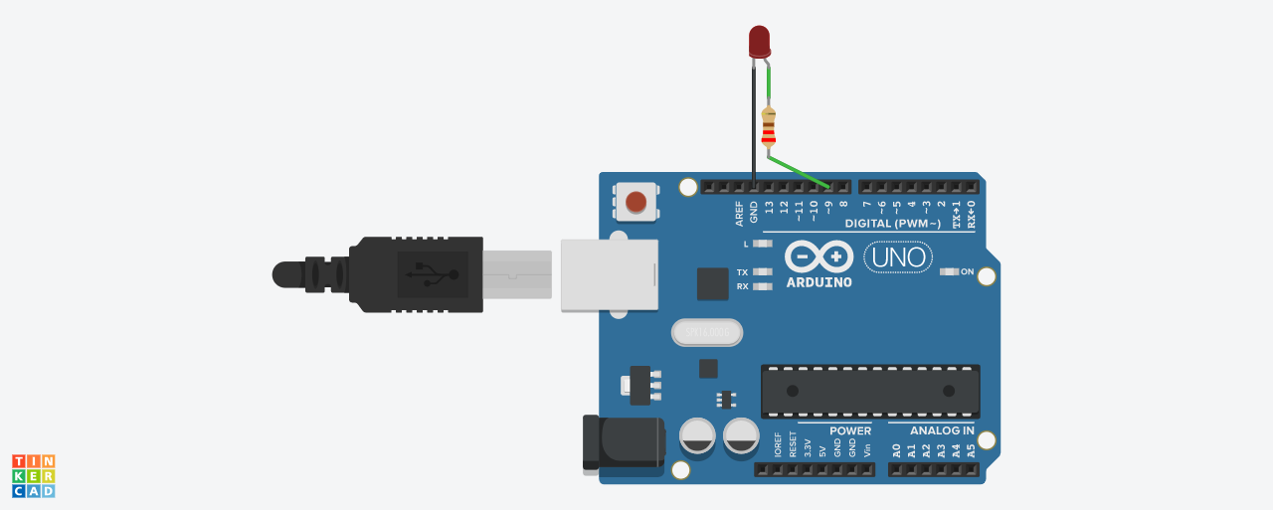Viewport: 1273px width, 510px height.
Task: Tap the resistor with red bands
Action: pyautogui.click(x=768, y=126)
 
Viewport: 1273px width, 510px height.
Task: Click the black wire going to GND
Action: pyautogui.click(x=754, y=119)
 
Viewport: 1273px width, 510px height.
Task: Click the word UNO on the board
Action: pyautogui.click(x=899, y=258)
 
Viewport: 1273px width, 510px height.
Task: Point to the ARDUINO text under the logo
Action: pyautogui.click(x=818, y=282)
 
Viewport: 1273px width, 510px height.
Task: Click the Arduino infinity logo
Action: pyautogui.click(x=818, y=256)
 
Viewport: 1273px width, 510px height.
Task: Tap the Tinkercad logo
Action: pyautogui.click(x=33, y=476)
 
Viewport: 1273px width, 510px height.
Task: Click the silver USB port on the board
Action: pyautogui.click(x=609, y=274)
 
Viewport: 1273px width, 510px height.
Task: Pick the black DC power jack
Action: pyautogui.click(x=623, y=441)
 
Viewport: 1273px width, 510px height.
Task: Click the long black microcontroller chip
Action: pyautogui.click(x=870, y=391)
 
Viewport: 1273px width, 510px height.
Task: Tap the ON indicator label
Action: pyautogui.click(x=967, y=271)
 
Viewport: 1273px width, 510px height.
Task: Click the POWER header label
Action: pyautogui.click(x=849, y=430)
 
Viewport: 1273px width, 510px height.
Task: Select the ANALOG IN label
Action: pyautogui.click(x=942, y=430)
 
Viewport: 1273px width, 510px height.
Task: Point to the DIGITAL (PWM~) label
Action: pyautogui.click(x=892, y=223)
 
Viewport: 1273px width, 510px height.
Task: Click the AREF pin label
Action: pyautogui.click(x=739, y=213)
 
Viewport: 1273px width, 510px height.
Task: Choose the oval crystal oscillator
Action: pyautogui.click(x=706, y=332)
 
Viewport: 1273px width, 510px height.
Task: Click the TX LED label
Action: pyautogui.click(x=742, y=271)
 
